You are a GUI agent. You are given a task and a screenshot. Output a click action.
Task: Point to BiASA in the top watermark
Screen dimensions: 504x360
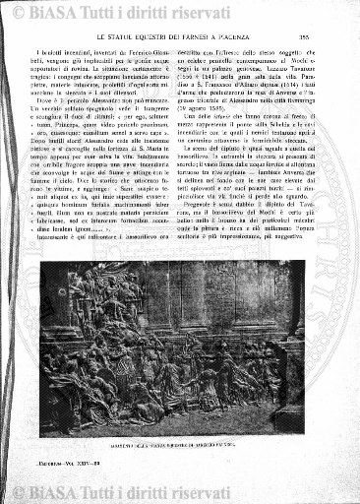(67, 13)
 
